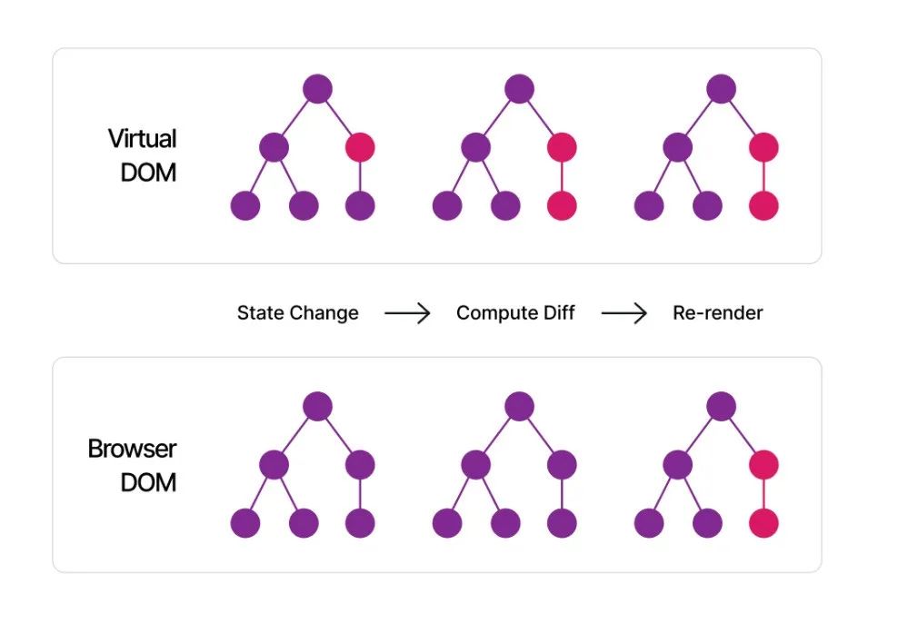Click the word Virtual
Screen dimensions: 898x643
coord(142,138)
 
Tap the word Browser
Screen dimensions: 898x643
coord(132,449)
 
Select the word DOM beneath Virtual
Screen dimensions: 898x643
coord(148,173)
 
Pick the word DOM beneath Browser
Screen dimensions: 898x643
coord(148,483)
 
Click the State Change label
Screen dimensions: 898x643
coord(298,313)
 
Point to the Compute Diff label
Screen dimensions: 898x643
coord(515,313)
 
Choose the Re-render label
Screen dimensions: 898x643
coord(718,313)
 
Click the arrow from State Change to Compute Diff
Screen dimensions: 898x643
coord(407,313)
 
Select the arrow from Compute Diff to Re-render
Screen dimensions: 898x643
coord(624,313)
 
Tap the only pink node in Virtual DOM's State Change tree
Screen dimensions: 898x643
coord(360,148)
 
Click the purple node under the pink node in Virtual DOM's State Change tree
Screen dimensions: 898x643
coord(360,205)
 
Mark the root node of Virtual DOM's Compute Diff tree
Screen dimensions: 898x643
coord(520,89)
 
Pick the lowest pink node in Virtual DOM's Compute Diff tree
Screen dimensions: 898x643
coord(562,205)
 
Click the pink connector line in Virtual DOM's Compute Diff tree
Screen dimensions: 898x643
coord(562,177)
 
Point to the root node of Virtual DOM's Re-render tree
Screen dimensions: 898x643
coord(721,89)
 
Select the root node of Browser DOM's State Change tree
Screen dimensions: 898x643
coord(318,406)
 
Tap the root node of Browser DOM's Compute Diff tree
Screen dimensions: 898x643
coord(520,406)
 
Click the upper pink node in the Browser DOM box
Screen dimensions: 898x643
coord(764,464)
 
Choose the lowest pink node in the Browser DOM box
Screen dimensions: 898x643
coord(764,523)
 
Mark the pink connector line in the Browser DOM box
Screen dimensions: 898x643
coord(764,494)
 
